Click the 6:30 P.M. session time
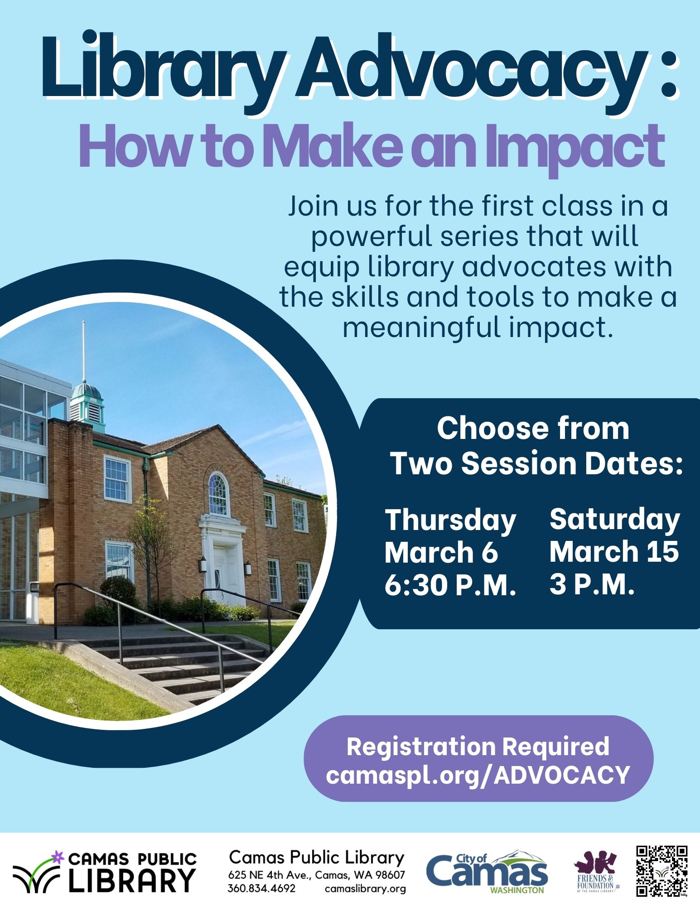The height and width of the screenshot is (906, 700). [x=450, y=585]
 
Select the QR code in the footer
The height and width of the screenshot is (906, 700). [x=661, y=871]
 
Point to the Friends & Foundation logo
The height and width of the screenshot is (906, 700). [x=596, y=871]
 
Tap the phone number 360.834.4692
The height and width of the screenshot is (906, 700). [x=261, y=888]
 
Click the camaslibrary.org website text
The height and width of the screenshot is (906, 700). [x=365, y=889]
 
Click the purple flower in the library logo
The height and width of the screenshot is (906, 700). [x=57, y=857]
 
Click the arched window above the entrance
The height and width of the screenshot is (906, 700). [x=218, y=494]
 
